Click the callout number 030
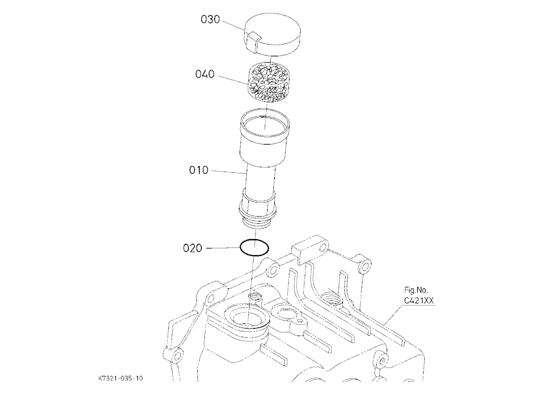tap(210, 19)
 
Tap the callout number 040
tap(204, 74)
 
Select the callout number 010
tap(199, 171)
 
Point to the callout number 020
tap(193, 248)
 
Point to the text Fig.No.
tap(416, 290)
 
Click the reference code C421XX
tap(419, 300)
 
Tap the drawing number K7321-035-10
tap(121, 378)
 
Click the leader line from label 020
tap(223, 248)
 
